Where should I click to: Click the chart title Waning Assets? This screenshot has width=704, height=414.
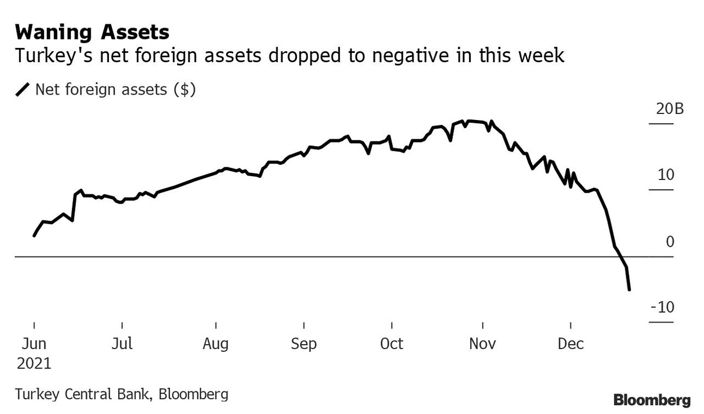tap(92, 32)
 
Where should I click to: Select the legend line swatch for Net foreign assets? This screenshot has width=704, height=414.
tap(23, 89)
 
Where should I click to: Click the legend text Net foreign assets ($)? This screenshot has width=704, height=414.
tap(116, 89)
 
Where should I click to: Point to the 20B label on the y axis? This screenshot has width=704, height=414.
tap(669, 108)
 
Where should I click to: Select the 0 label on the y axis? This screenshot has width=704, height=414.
tap(669, 242)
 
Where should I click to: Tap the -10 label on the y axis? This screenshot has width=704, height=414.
tap(662, 307)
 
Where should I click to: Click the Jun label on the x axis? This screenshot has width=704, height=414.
tap(34, 344)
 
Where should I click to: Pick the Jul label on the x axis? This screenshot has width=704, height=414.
tap(122, 344)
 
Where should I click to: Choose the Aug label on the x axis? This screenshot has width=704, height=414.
tap(216, 344)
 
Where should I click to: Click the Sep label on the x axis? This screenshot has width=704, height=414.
tap(304, 344)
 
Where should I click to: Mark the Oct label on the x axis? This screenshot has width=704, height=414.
tap(392, 344)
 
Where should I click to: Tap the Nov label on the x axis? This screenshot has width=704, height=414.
tap(482, 344)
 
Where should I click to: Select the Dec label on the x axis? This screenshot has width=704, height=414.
tap(570, 344)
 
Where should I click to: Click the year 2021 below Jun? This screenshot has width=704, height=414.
tap(34, 364)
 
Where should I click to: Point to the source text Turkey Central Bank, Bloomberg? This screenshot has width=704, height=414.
tap(122, 394)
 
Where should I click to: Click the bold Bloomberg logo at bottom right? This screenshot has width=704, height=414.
tap(652, 399)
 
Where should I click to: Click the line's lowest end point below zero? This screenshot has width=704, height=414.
tap(629, 289)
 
